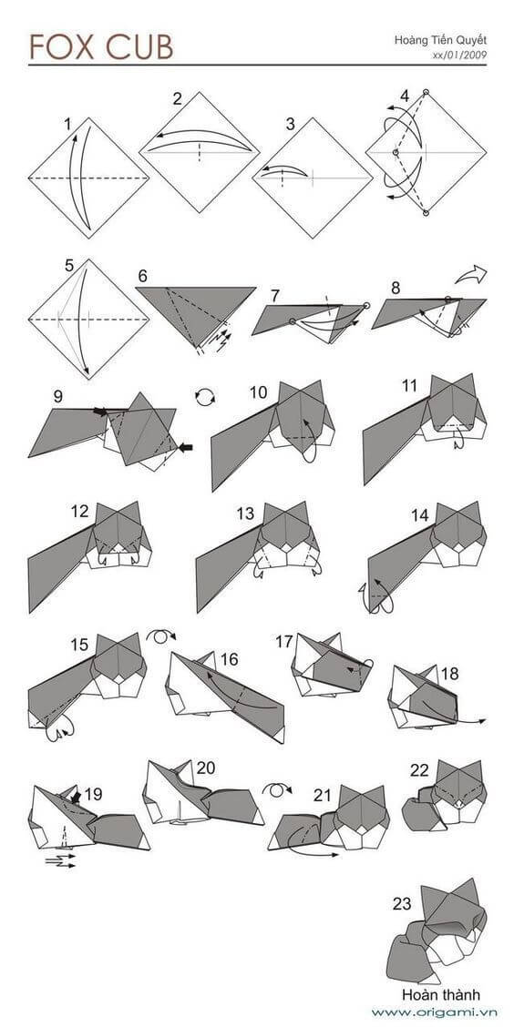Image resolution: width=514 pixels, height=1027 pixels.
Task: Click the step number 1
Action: [67, 123]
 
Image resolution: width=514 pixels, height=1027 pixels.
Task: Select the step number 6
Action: [142, 275]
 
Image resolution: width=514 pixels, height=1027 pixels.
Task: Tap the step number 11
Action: [409, 386]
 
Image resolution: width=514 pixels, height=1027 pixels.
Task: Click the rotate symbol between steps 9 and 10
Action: [207, 397]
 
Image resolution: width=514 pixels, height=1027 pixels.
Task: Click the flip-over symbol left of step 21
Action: [275, 788]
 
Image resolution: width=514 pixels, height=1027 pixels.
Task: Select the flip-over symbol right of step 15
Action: [161, 634]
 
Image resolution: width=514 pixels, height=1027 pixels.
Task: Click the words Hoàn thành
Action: [440, 994]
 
